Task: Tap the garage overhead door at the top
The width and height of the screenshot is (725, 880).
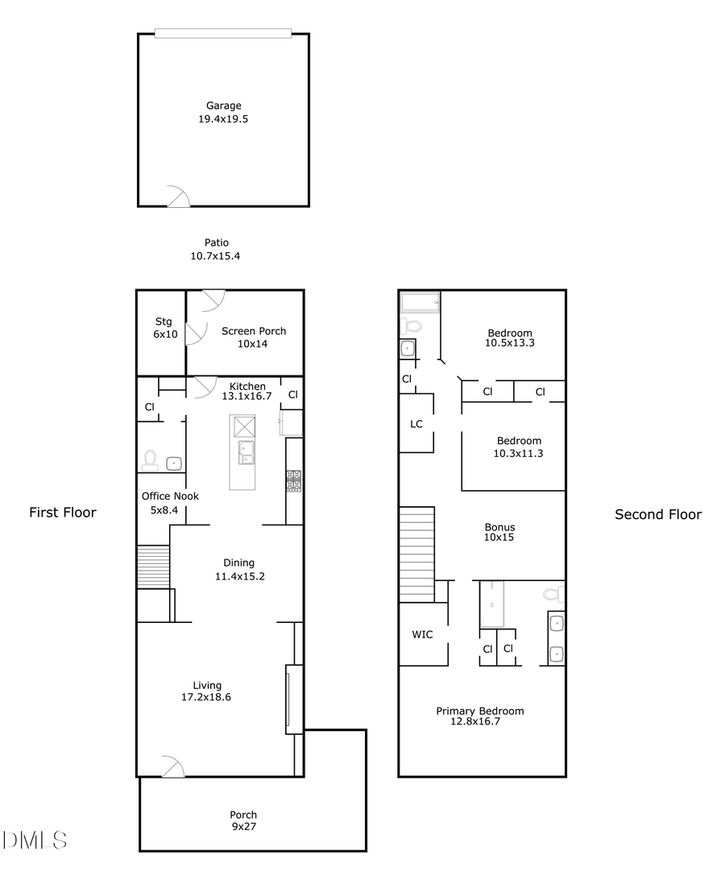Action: tap(223, 33)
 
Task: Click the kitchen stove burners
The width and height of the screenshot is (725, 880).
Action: tap(293, 480)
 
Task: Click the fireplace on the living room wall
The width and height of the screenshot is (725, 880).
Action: tap(289, 699)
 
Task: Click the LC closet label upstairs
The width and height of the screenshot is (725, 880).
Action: tap(416, 424)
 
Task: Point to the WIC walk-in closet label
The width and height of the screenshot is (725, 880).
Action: tap(422, 634)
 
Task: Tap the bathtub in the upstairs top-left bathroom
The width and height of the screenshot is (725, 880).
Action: tap(420, 302)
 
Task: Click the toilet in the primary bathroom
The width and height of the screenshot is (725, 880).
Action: tap(553, 594)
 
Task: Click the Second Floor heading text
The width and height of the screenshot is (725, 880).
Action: tap(658, 514)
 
